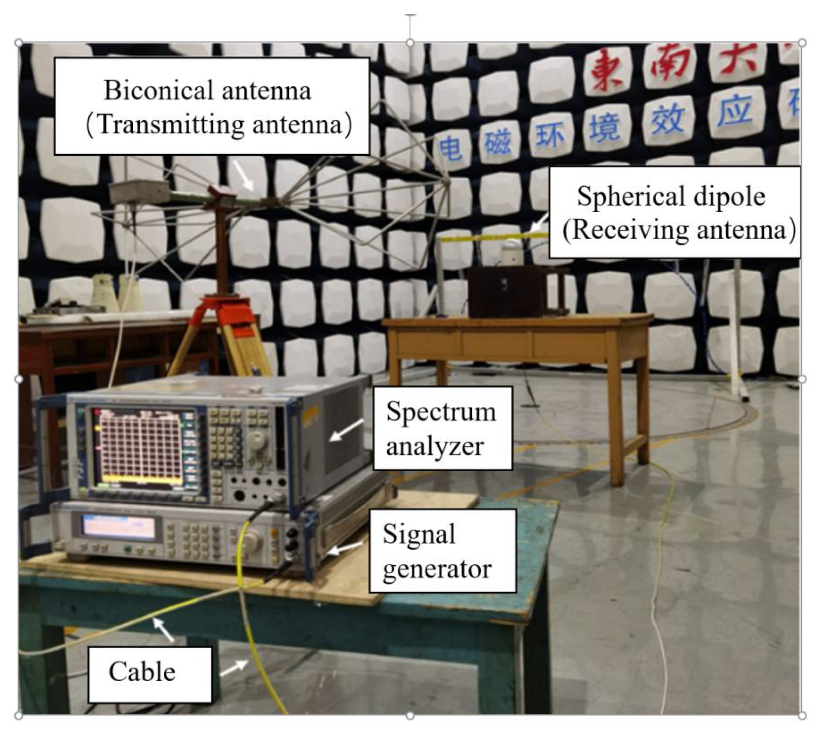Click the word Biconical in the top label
point(158,91)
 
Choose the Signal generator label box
point(442,551)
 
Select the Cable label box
point(150,673)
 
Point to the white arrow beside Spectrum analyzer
point(347,430)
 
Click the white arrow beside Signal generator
point(345,548)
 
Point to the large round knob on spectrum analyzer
point(256,441)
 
